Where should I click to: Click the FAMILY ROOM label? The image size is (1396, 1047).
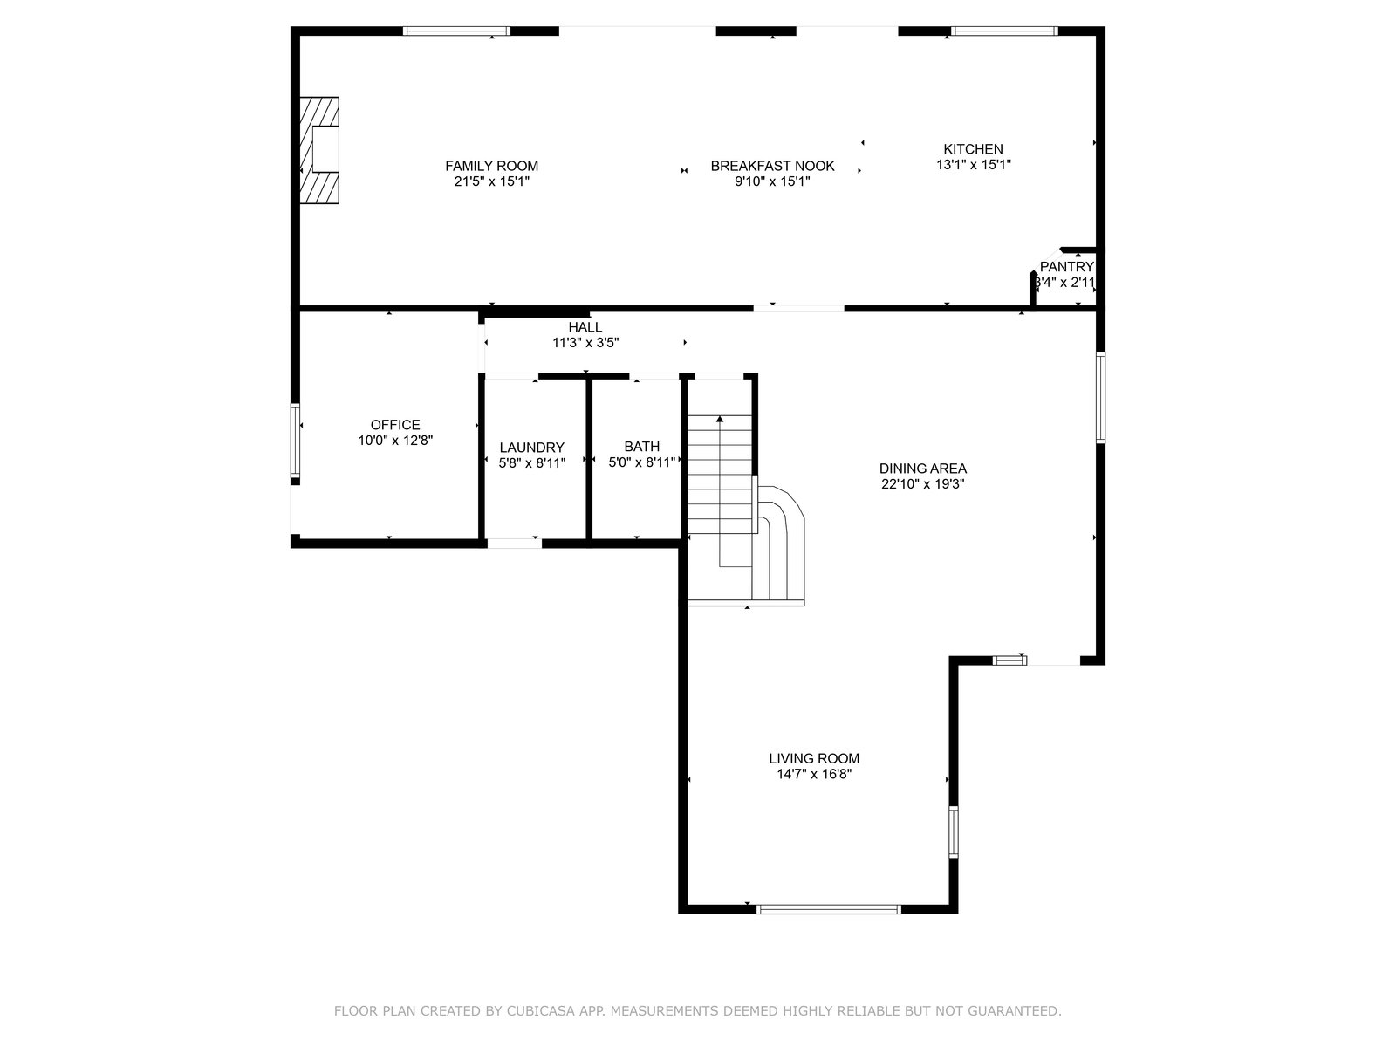click(x=491, y=166)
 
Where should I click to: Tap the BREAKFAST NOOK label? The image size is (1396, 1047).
click(x=772, y=166)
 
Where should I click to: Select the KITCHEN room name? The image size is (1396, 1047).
click(x=973, y=149)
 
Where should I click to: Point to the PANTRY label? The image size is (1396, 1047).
click(x=1066, y=267)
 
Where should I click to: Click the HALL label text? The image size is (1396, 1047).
click(x=585, y=327)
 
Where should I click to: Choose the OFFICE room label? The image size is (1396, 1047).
click(x=395, y=425)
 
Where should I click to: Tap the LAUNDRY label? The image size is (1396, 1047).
click(x=531, y=448)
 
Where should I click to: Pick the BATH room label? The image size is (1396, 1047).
click(x=641, y=446)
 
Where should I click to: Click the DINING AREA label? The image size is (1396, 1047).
click(x=923, y=469)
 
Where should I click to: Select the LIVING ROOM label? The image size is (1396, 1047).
click(x=814, y=758)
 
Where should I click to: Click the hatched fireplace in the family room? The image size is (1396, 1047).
click(x=319, y=150)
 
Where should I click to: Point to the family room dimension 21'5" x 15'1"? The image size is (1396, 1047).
click(x=491, y=181)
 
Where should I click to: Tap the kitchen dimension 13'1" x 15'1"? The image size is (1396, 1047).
click(x=973, y=165)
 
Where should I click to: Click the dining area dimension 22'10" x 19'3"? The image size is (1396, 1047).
click(x=923, y=484)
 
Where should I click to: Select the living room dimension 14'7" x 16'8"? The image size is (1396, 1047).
click(x=814, y=774)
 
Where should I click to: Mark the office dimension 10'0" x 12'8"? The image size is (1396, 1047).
click(x=395, y=441)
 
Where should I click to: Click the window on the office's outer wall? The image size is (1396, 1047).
click(x=295, y=440)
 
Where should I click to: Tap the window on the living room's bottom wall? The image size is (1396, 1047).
click(x=829, y=909)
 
